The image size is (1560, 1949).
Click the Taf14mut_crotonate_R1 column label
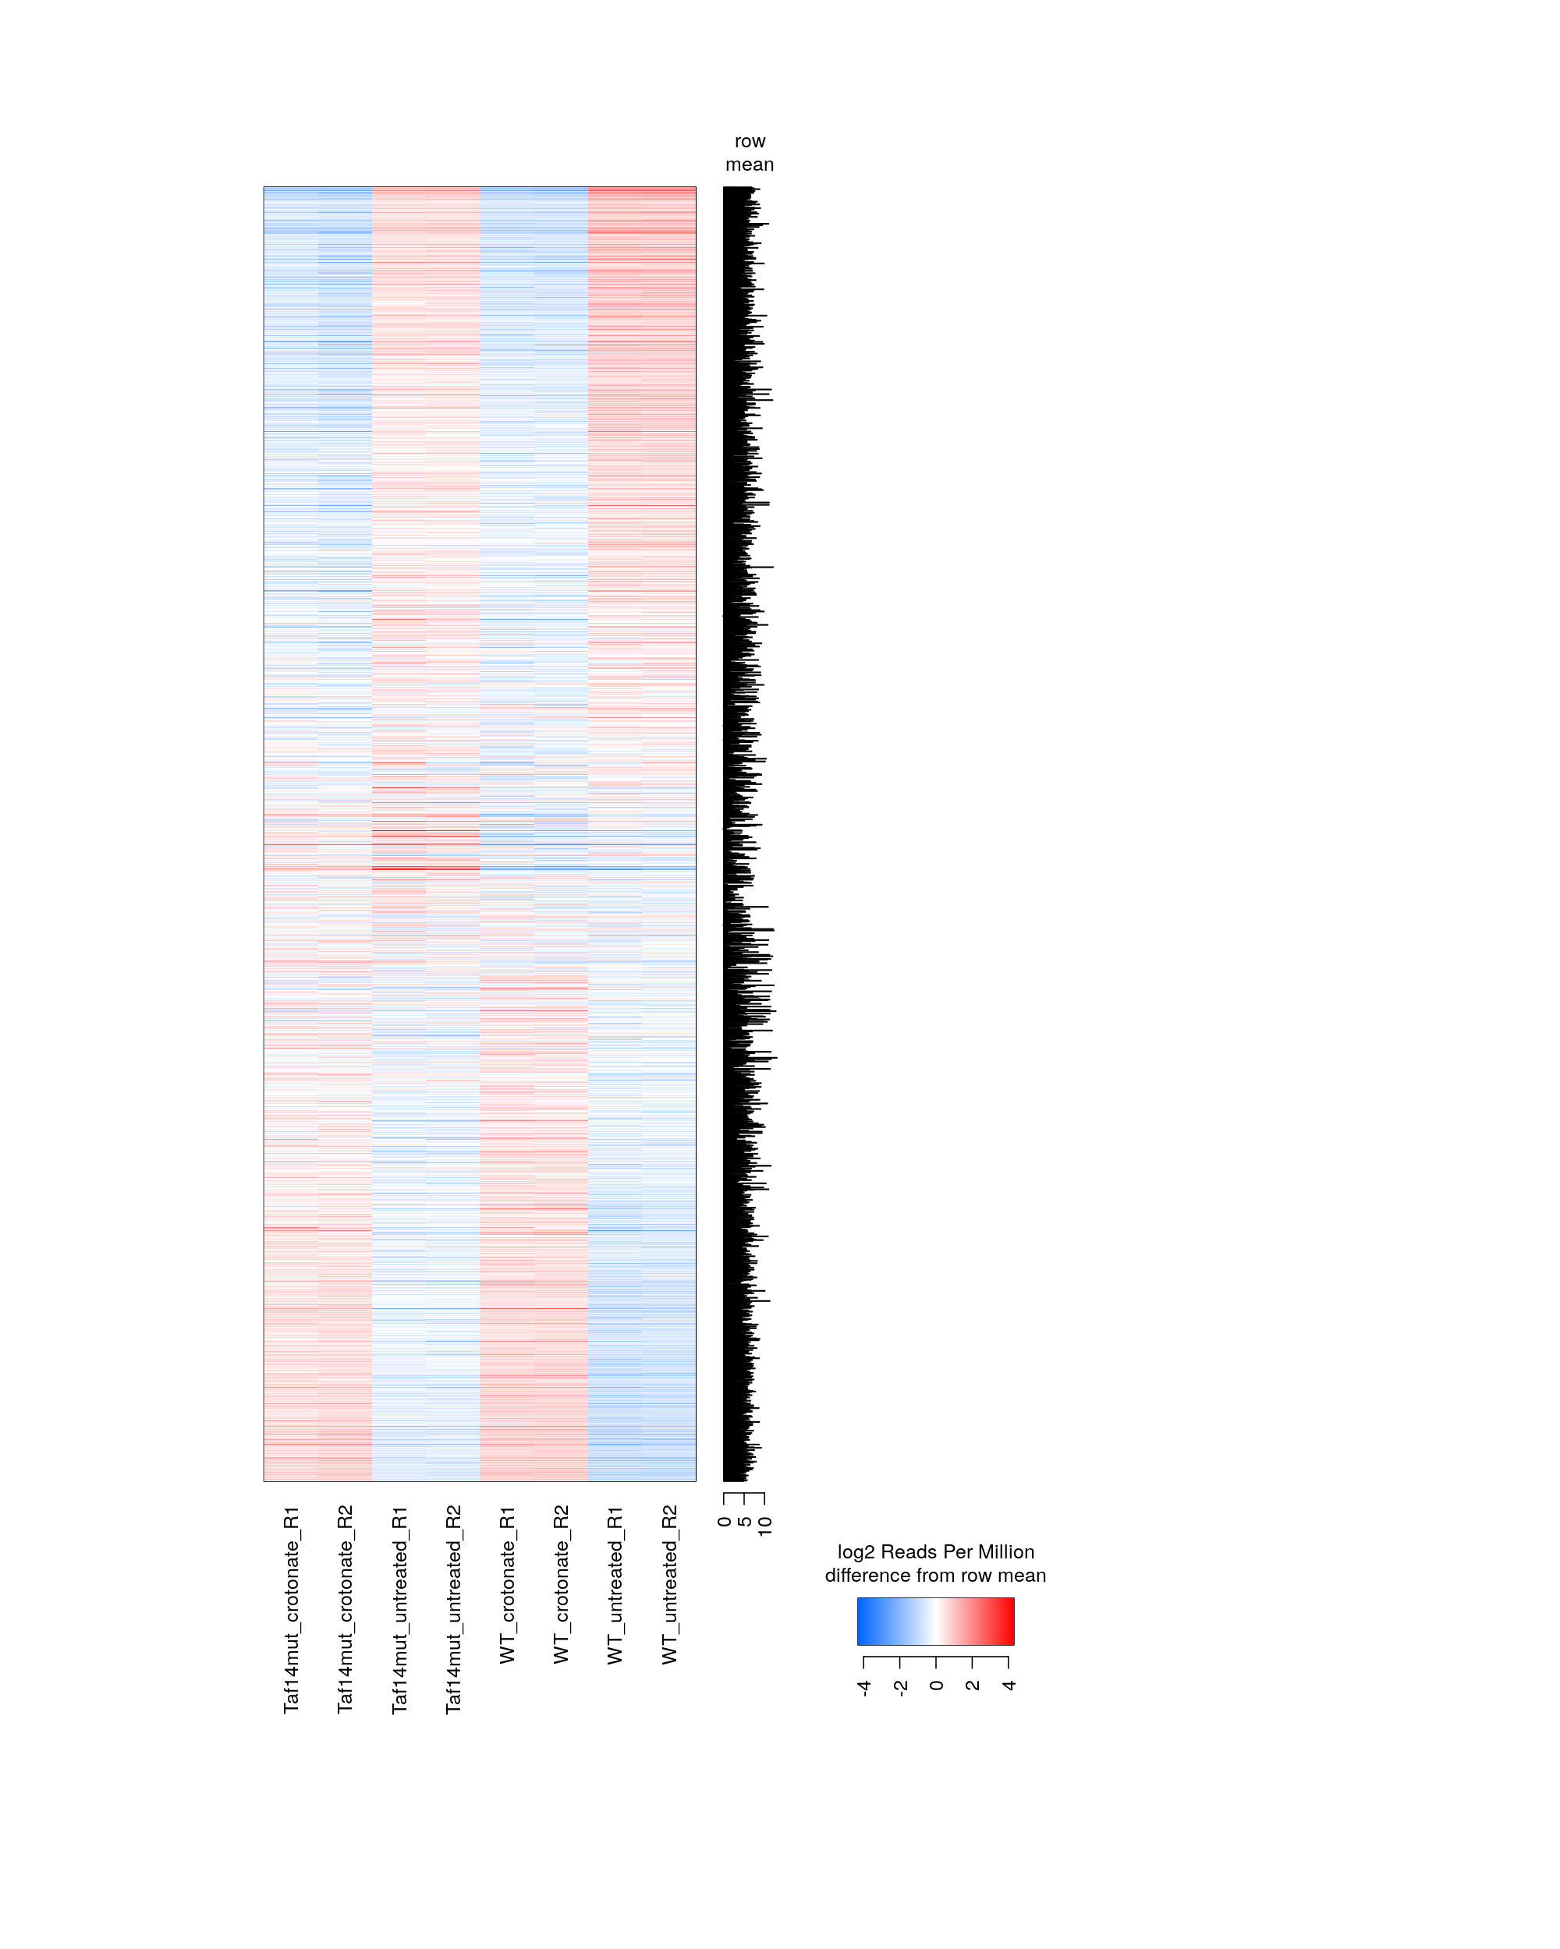291,1609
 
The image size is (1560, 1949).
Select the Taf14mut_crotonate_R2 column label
345,1609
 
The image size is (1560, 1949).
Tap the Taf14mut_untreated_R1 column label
399,1609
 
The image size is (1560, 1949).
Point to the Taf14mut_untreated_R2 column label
453,1609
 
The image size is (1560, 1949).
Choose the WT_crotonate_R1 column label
507,1585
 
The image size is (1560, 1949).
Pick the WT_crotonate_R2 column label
562,1585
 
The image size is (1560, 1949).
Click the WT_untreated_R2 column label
669,1585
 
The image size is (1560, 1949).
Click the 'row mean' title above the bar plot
750,153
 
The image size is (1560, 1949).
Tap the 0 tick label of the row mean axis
725,1522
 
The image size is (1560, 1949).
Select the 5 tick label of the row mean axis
744,1522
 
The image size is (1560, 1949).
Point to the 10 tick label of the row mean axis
765,1525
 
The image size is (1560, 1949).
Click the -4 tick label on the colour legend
864,1687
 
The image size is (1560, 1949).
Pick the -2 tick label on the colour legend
901,1687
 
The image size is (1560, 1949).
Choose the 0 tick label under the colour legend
937,1685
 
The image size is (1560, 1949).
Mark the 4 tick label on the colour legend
1009,1685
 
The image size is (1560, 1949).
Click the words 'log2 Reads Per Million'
936,1552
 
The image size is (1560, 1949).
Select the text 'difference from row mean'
936,1576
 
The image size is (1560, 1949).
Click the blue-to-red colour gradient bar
936,1621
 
